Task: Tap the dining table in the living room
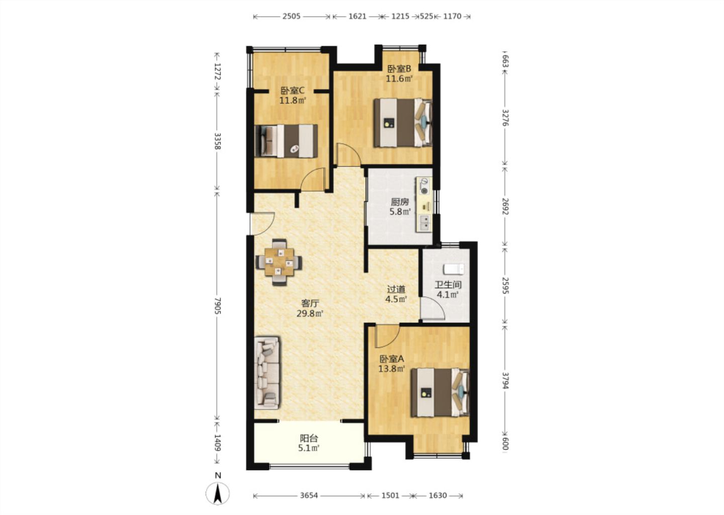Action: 279,262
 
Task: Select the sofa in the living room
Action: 267,373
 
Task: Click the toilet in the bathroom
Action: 454,269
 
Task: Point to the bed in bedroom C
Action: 286,141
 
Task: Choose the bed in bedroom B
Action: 403,123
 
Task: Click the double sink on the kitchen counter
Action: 424,222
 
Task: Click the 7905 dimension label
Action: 217,306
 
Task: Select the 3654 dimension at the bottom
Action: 309,495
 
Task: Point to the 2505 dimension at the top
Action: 291,16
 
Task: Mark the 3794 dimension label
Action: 505,381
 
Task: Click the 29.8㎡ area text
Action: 310,313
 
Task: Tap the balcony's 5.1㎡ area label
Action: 309,448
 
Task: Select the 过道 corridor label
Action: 396,289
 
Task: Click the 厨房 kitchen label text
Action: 400,202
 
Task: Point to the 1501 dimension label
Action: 390,495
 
